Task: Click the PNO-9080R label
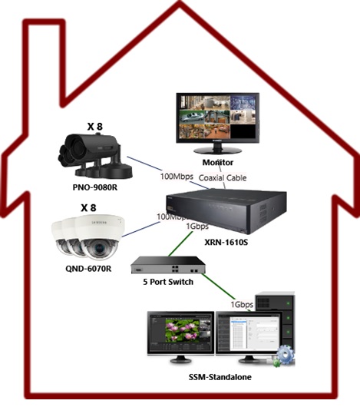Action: tap(95, 187)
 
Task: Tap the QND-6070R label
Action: tap(88, 269)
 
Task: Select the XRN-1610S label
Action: tap(226, 242)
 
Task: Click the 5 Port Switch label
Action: tap(168, 282)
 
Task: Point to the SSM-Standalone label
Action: tap(220, 377)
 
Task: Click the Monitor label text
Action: tap(218, 163)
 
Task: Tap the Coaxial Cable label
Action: tap(223, 178)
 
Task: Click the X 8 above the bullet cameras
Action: tap(95, 127)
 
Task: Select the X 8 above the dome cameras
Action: tap(88, 208)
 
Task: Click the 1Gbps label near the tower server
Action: tap(242, 304)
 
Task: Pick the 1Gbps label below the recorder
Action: tap(197, 227)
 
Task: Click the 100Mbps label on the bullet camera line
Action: tap(177, 177)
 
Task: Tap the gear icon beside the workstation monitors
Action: tap(286, 355)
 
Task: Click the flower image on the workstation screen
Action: tap(183, 330)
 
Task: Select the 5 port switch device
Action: tap(168, 265)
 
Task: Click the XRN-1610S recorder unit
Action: tap(226, 211)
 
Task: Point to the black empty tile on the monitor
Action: tap(243, 131)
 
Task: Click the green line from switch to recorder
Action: tap(180, 243)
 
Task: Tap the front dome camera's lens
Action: tap(99, 248)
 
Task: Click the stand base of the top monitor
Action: tap(217, 151)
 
